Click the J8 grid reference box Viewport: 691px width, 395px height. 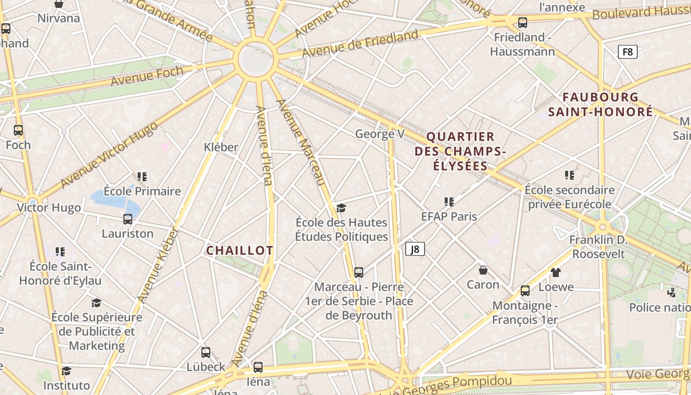(415, 249)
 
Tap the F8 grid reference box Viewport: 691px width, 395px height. (627, 52)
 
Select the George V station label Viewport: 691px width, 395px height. (380, 134)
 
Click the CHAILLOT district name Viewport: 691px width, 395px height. (239, 250)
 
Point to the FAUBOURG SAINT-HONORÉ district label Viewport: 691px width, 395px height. (601, 104)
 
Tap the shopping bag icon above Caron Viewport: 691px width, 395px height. (483, 270)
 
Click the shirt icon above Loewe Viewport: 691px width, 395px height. (556, 272)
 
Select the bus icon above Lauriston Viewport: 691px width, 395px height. (128, 219)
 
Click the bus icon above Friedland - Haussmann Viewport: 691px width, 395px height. (523, 22)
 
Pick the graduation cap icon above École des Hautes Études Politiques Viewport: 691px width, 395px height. (341, 207)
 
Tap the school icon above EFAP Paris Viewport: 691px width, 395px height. (449, 201)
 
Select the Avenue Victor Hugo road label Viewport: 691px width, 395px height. (109, 155)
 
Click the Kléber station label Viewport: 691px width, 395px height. (221, 147)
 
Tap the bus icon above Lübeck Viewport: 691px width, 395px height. (206, 353)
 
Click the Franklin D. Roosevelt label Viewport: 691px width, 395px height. (598, 247)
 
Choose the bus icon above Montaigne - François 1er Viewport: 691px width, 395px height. (525, 291)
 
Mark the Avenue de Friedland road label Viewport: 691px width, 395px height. (360, 43)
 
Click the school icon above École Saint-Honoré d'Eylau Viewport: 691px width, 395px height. (60, 252)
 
